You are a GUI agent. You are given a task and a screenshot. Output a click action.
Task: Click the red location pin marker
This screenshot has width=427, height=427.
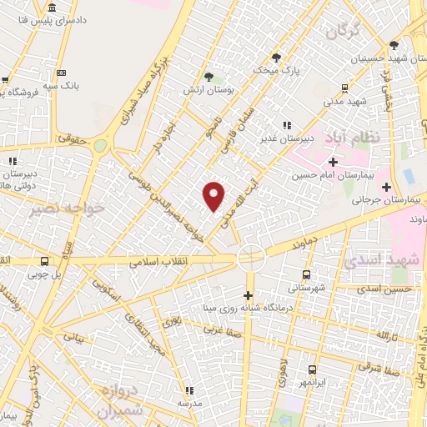[214, 195]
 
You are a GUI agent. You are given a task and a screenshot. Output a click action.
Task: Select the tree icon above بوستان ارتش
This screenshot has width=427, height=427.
[220, 75]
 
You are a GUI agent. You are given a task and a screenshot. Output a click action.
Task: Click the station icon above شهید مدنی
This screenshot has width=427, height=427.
[344, 88]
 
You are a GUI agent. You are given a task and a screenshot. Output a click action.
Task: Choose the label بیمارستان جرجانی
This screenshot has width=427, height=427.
[382, 200]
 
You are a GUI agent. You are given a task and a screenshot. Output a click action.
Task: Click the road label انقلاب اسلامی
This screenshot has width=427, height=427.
[160, 262]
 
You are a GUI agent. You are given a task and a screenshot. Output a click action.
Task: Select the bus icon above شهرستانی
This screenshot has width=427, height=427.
[306, 274]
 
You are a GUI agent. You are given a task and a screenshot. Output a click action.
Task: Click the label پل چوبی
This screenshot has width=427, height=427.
[44, 273]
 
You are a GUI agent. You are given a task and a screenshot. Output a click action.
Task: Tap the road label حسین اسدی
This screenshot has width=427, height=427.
[386, 289]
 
